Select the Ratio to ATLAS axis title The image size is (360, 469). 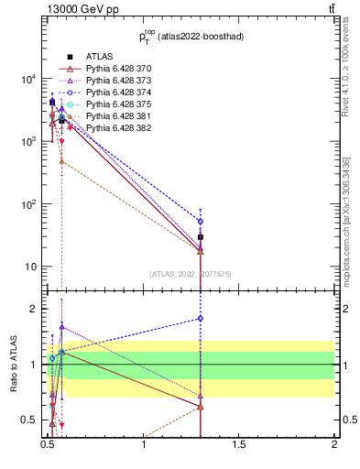(13, 365)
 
